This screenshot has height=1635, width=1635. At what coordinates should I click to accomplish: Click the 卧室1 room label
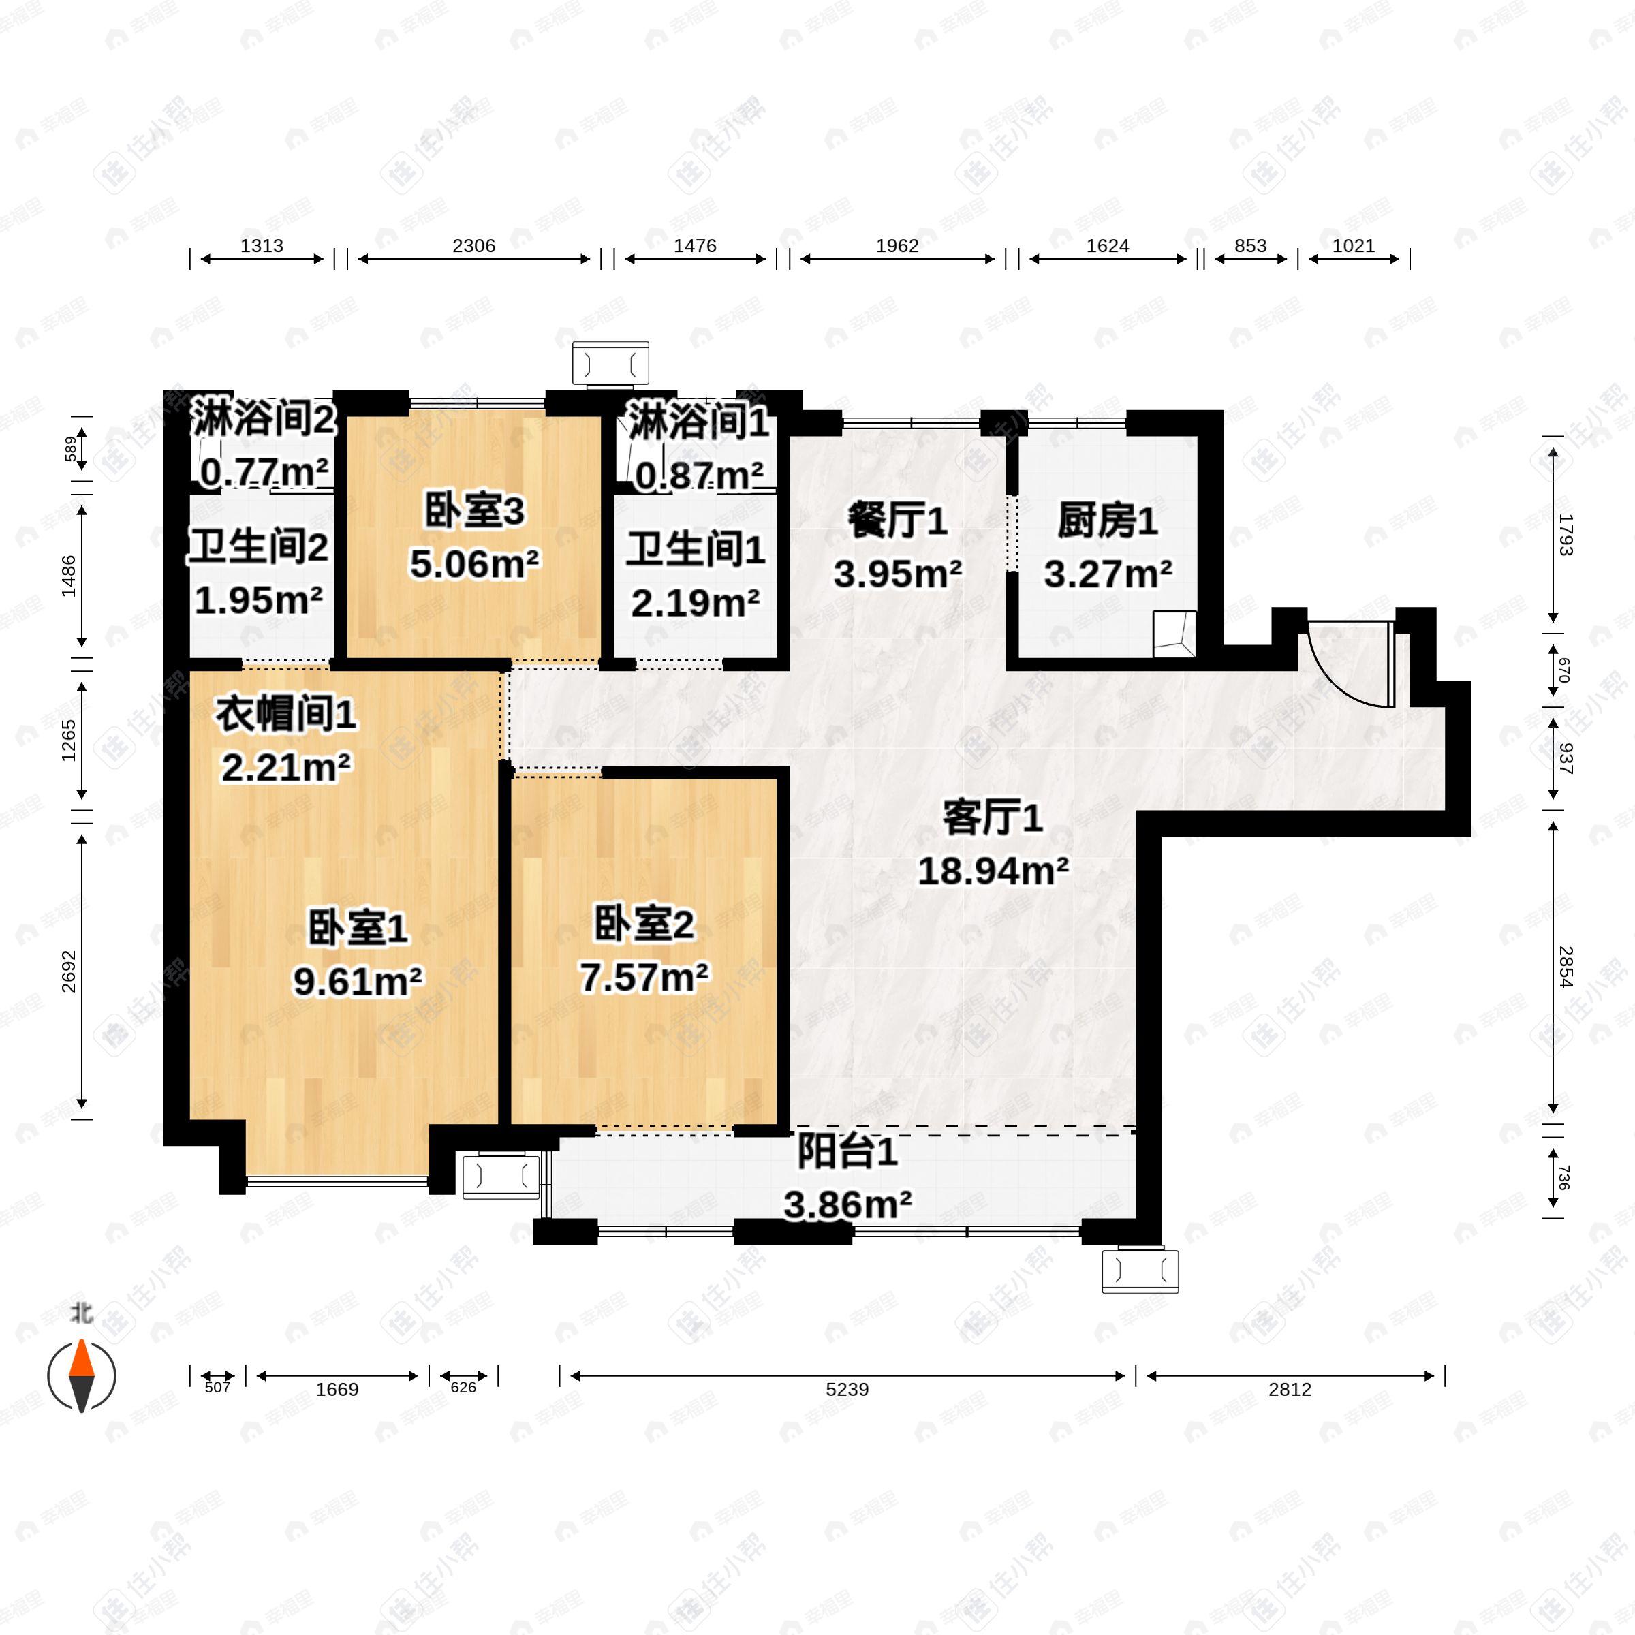(x=357, y=929)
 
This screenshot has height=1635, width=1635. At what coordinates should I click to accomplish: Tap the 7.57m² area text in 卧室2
(x=644, y=978)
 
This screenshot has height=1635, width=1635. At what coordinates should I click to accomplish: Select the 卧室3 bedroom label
(x=474, y=511)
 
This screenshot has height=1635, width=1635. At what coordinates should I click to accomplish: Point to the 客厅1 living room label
(x=992, y=818)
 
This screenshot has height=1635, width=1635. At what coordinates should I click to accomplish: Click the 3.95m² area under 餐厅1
(x=897, y=574)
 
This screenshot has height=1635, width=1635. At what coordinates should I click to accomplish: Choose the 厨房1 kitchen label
(x=1107, y=520)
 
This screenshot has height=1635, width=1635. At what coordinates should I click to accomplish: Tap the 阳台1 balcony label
(x=847, y=1153)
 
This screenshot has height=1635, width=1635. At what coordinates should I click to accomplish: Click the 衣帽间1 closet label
(x=285, y=715)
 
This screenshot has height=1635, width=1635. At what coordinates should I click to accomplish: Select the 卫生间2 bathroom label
(x=258, y=548)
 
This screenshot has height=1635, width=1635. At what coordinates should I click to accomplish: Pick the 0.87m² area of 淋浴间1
(x=699, y=476)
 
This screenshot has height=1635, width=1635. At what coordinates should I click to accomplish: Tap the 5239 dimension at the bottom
(x=847, y=1389)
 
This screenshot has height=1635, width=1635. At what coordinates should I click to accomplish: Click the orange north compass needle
(x=81, y=1358)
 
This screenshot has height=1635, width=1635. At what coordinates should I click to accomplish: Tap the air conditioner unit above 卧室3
(x=610, y=364)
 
